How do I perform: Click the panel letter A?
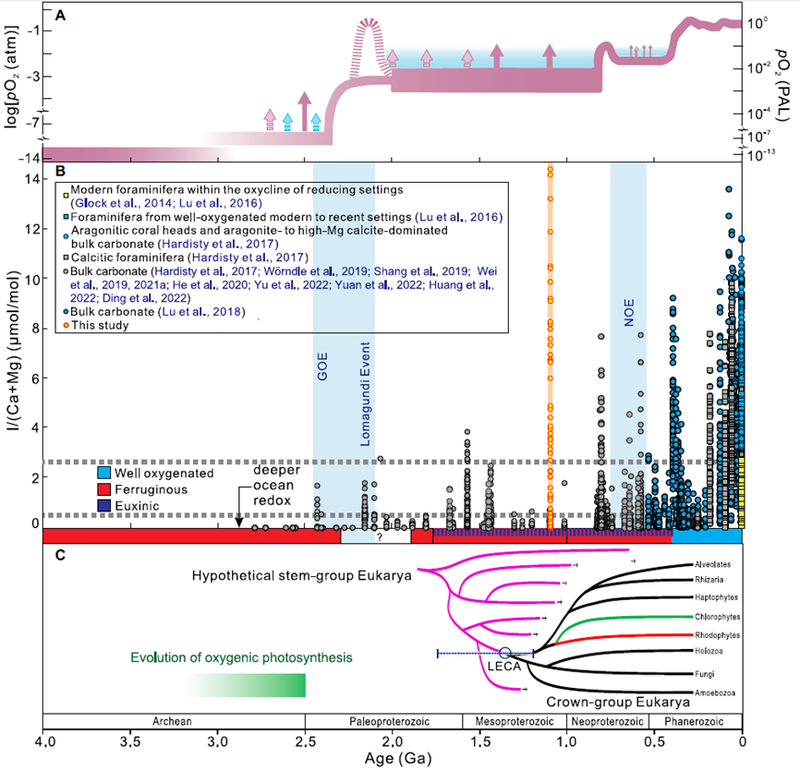(x=60, y=15)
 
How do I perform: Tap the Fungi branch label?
(x=704, y=673)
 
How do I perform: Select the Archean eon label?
(x=174, y=720)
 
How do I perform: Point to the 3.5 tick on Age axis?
(x=130, y=741)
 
